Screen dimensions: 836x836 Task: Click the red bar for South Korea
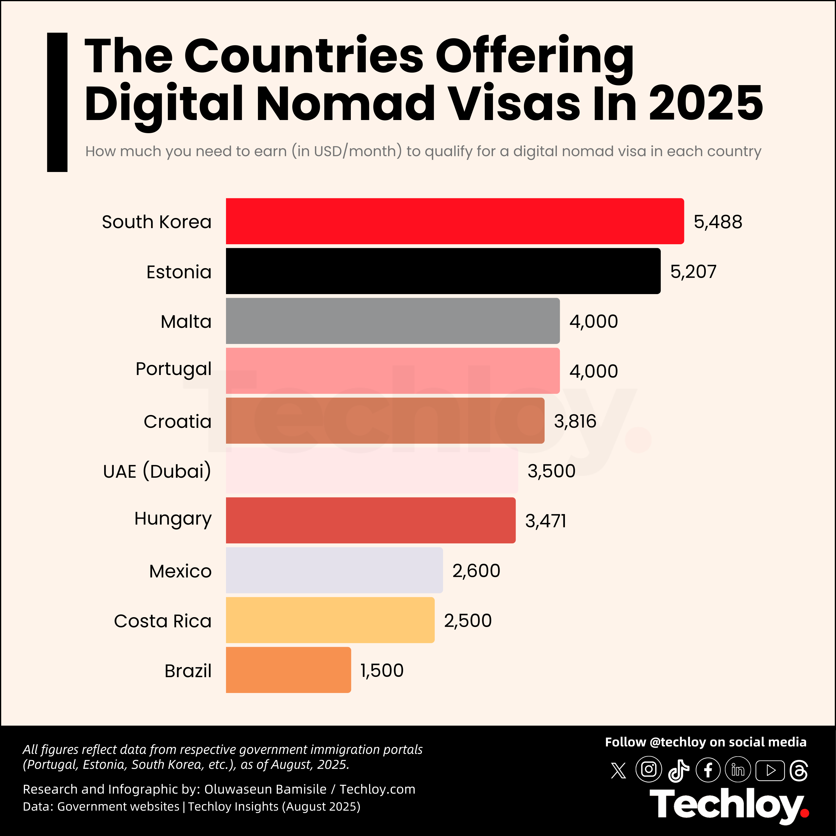point(454,221)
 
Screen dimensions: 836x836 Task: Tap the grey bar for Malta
point(392,321)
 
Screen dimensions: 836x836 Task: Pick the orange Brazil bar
point(288,670)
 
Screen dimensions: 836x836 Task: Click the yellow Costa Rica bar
point(330,620)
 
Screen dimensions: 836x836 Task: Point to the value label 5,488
point(718,222)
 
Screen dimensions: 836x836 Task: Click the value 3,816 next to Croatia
point(575,421)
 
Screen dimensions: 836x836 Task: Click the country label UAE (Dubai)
point(157,471)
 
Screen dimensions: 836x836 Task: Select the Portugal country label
point(173,369)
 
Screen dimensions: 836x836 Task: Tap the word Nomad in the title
point(345,103)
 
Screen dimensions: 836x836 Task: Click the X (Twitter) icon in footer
point(618,771)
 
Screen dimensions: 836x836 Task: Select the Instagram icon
point(648,769)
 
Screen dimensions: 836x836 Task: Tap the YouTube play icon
point(770,771)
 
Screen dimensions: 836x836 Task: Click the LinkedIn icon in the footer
point(738,770)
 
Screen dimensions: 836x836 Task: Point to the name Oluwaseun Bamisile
point(265,789)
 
